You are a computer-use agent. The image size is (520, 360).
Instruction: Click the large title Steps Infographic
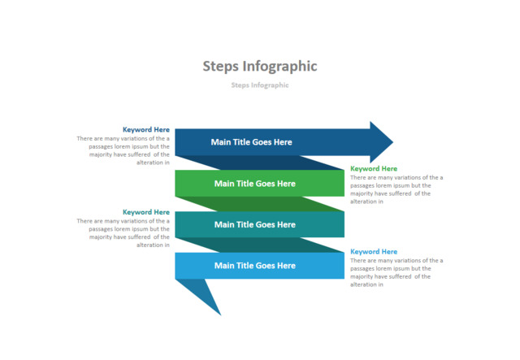click(x=259, y=66)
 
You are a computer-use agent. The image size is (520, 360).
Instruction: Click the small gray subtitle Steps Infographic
click(x=259, y=85)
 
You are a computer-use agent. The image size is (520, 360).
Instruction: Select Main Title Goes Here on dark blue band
click(x=251, y=142)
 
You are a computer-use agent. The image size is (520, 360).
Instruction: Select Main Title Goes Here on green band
click(x=254, y=183)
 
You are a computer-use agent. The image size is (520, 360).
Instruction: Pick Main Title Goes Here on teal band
click(x=254, y=224)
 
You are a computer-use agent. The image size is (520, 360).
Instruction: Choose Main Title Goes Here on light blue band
click(x=254, y=266)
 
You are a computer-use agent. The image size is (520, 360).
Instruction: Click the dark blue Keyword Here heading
click(x=146, y=129)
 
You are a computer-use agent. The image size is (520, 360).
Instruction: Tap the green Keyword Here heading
click(x=374, y=169)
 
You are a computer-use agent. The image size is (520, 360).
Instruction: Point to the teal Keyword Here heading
click(x=146, y=212)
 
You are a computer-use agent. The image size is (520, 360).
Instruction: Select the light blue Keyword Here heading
click(x=374, y=252)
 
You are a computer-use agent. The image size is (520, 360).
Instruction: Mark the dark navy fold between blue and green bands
click(x=260, y=163)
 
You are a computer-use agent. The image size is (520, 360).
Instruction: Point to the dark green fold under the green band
click(x=260, y=203)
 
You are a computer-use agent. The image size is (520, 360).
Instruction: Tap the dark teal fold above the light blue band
click(x=260, y=245)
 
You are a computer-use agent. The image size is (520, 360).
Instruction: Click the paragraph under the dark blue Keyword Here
click(x=124, y=150)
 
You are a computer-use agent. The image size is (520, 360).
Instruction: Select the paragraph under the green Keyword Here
click(x=396, y=189)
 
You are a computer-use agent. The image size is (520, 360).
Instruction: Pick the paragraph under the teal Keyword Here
click(x=124, y=232)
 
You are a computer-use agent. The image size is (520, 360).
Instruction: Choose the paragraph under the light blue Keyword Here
click(x=396, y=272)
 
